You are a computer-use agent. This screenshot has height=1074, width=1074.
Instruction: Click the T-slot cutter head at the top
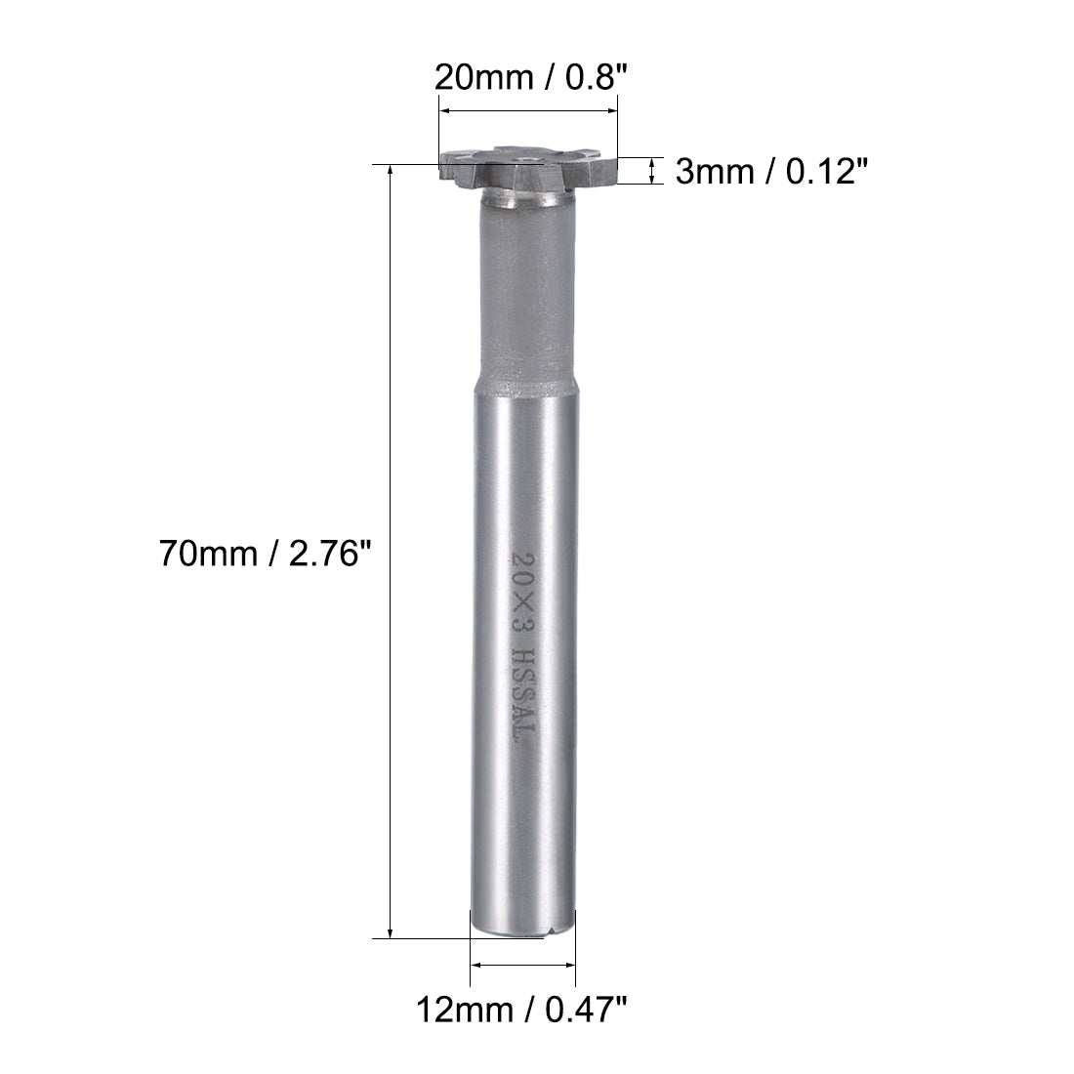tap(528, 172)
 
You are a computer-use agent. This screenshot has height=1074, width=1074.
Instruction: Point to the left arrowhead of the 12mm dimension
tap(475, 965)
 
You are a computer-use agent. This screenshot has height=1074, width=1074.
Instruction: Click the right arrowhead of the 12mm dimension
tap(571, 965)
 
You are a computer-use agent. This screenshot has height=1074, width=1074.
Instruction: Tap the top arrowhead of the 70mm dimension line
tap(391, 172)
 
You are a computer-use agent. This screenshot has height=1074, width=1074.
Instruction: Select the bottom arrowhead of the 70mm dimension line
tap(391, 932)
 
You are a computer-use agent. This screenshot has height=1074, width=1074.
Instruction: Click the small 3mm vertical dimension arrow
tap(651, 172)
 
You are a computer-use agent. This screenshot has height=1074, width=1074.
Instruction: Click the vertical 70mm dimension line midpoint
tap(391, 553)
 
